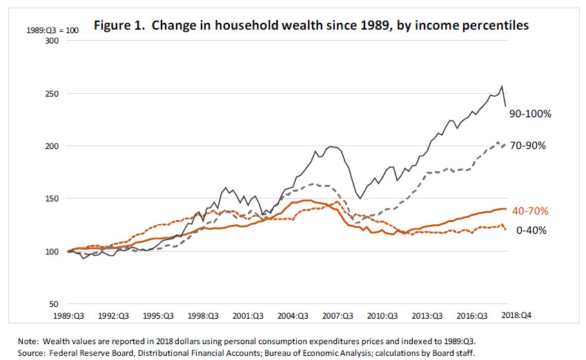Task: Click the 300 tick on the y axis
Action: [52, 41]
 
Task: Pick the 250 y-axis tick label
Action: [52, 94]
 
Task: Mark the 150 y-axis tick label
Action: [52, 199]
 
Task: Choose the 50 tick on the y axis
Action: [55, 303]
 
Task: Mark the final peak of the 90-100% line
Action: [502, 86]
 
